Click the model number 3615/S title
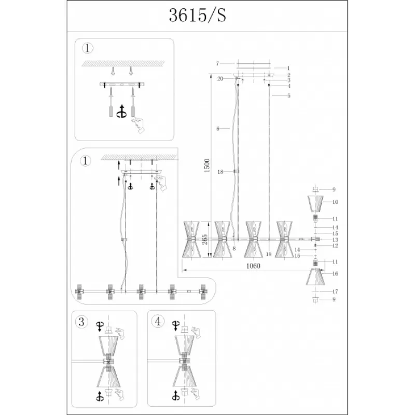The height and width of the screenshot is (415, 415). point(198,15)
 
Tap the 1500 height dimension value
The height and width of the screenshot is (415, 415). point(207,165)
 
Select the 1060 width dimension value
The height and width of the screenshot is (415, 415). point(253,266)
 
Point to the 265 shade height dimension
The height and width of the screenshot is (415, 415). point(204,239)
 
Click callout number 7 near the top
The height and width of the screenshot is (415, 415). point(217,63)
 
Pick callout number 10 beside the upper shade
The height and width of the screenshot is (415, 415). point(335,202)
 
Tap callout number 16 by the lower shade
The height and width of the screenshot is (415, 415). point(335,274)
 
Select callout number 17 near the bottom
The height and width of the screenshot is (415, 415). point(335,292)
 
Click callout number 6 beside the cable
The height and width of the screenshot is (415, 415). point(218,129)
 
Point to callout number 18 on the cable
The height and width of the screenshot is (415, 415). point(220,172)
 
